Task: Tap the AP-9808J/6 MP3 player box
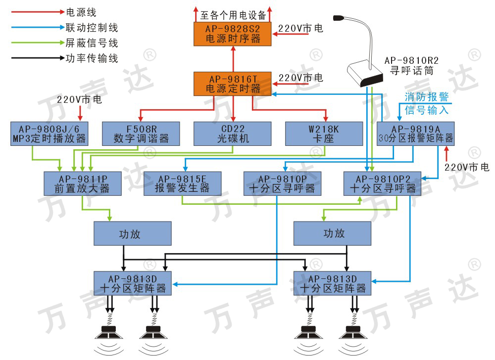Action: (49, 134)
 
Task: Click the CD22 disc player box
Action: (233, 134)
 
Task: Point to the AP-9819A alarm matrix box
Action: (415, 134)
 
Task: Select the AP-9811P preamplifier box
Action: (83, 183)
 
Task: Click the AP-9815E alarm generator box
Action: (182, 183)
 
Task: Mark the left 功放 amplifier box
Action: (133, 234)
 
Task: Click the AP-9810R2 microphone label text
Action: (411, 65)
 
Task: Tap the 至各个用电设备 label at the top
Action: (233, 15)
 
